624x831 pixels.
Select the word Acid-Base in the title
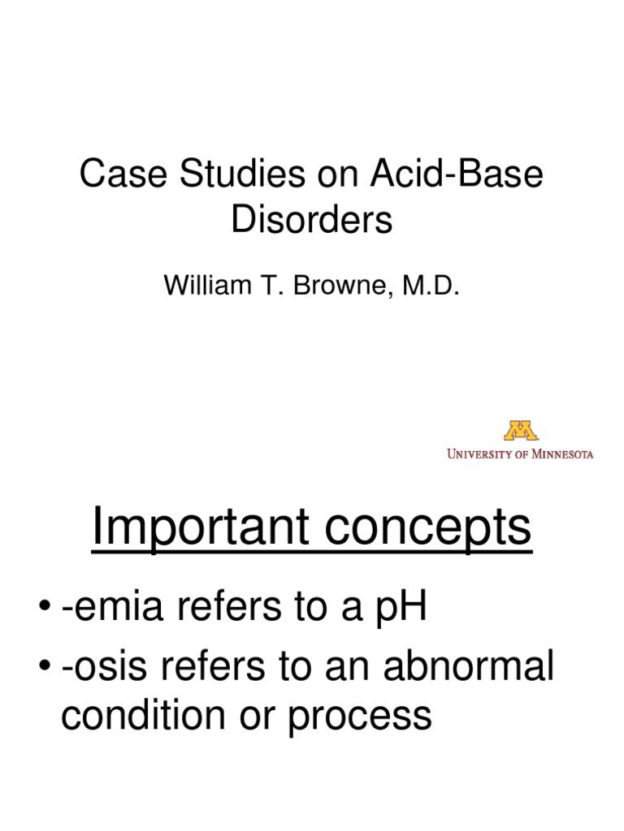coord(457,176)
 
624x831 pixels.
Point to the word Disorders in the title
coord(312,220)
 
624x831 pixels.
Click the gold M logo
coord(521,430)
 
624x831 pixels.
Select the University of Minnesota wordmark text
coord(520,454)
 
